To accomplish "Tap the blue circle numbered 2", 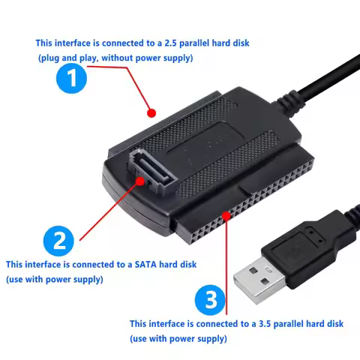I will pos(58,241).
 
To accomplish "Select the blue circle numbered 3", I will pos(209,300).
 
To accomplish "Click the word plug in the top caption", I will pos(52,58).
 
